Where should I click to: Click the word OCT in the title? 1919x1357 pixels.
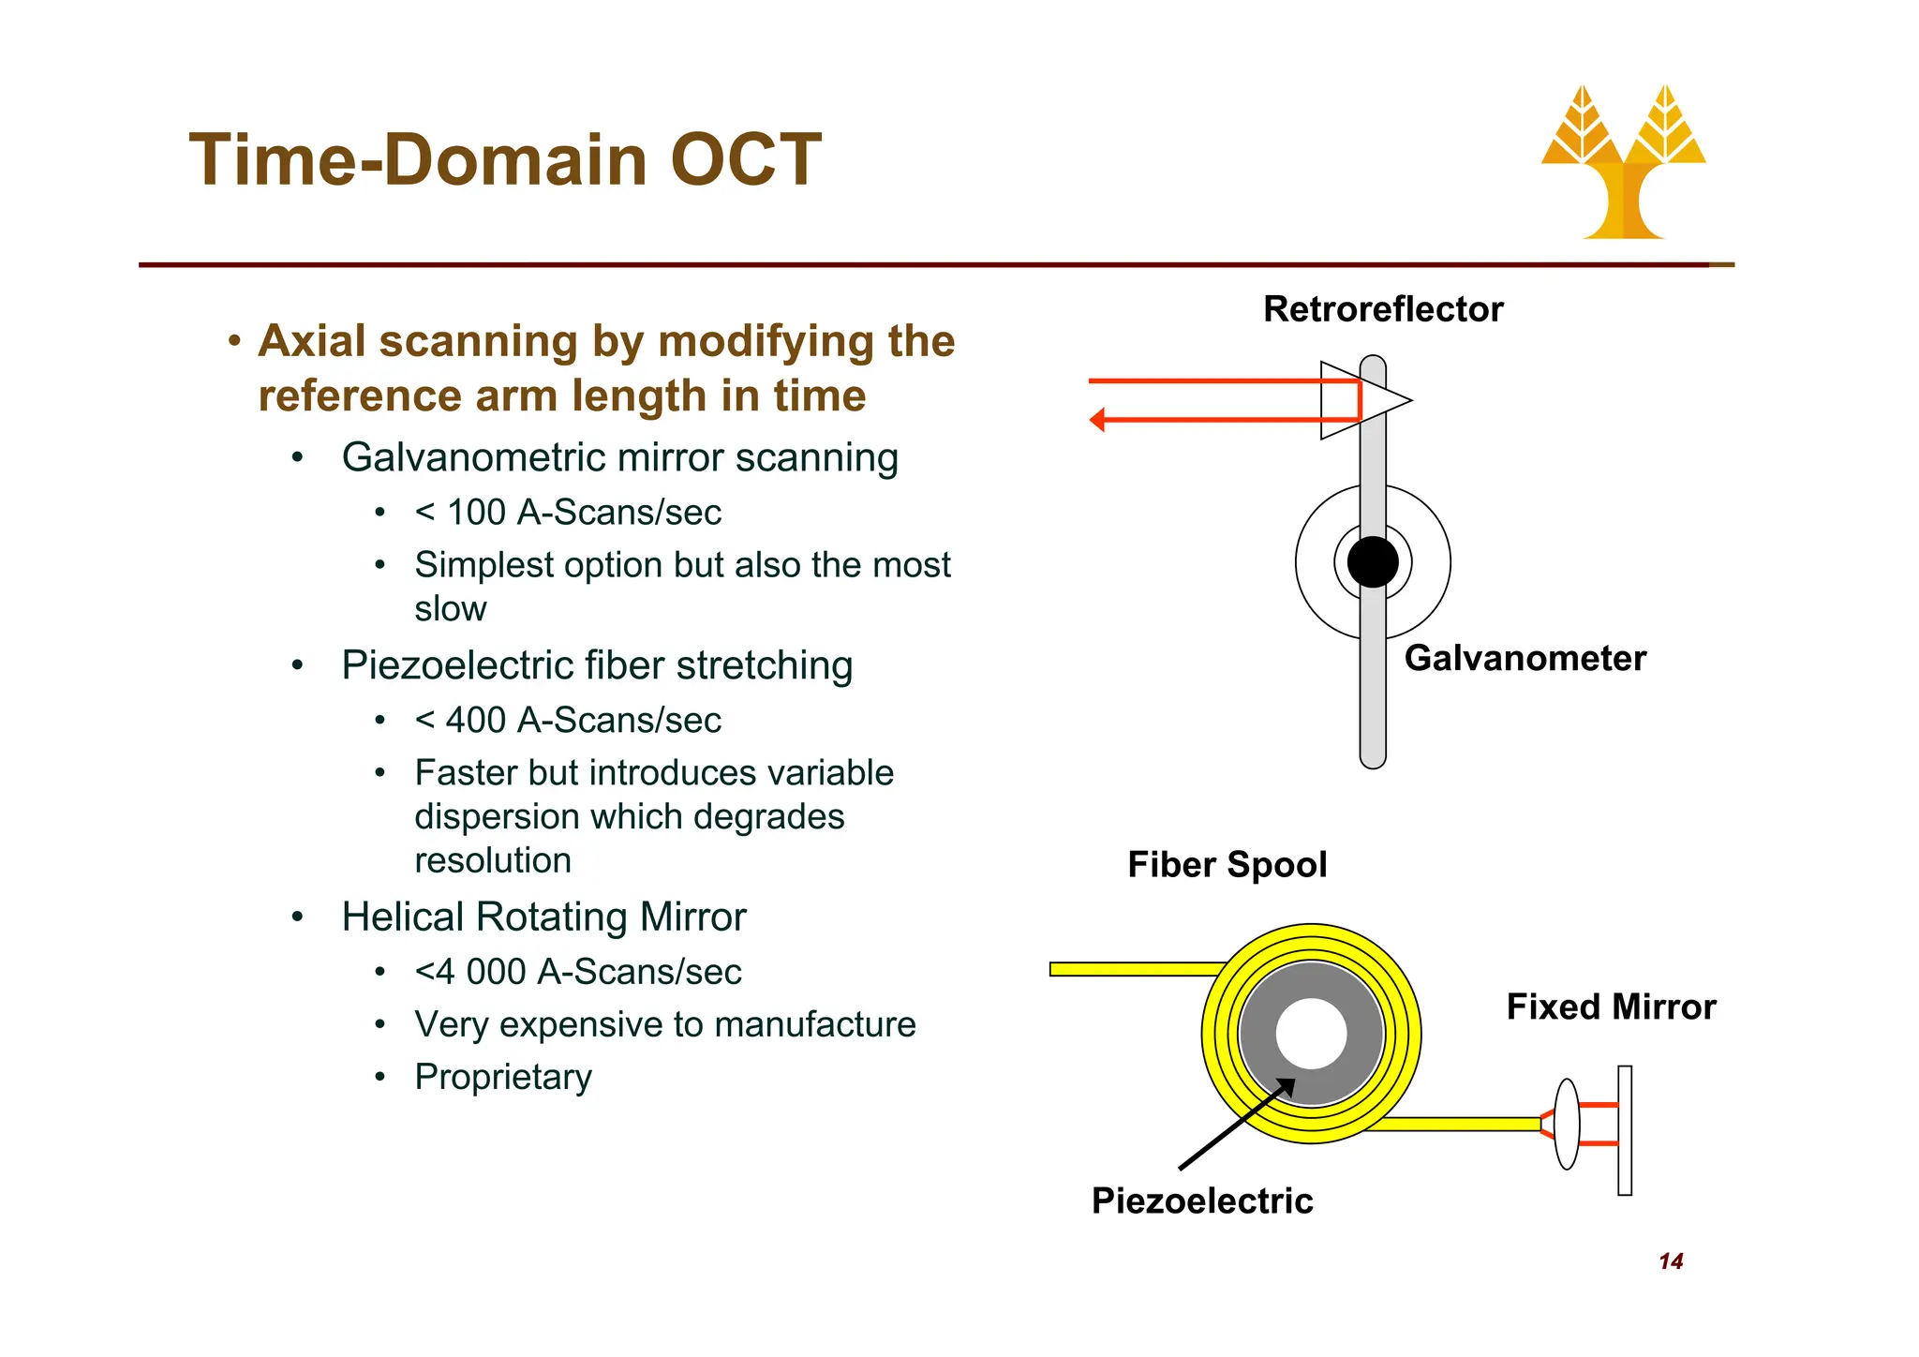(746, 160)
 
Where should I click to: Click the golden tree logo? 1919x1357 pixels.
(1623, 165)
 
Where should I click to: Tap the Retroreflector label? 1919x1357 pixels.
(1382, 309)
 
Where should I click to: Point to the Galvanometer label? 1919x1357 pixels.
(1525, 658)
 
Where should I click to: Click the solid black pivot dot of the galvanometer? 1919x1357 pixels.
(1373, 562)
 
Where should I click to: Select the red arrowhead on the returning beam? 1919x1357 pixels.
(1097, 420)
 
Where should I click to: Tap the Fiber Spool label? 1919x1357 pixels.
(1227, 864)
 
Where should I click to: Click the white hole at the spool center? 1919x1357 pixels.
(1311, 1034)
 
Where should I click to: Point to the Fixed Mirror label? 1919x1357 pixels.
(1611, 1007)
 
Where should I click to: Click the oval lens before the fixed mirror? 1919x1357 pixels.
(1567, 1124)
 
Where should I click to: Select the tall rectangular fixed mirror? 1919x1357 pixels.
(1625, 1130)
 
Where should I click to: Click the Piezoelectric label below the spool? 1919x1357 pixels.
(1202, 1200)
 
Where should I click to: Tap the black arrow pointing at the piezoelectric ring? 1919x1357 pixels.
(1235, 1125)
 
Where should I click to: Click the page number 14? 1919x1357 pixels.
(1671, 1261)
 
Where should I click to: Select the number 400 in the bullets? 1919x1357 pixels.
(476, 721)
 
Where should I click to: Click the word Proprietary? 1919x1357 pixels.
(503, 1077)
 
